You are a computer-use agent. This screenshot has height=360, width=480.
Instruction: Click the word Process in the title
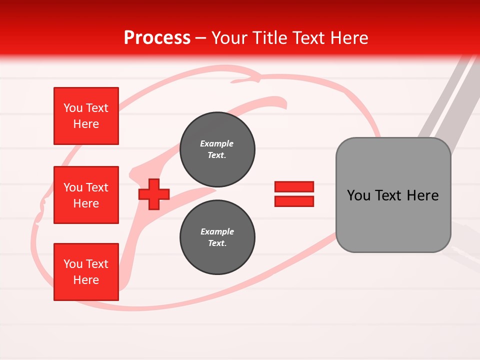[157, 38]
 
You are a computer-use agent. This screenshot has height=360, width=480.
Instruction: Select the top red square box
[86, 116]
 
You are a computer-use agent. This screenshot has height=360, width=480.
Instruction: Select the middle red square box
[86, 195]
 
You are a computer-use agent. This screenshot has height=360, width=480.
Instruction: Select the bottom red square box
[86, 272]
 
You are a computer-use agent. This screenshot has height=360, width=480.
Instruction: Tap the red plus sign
[154, 194]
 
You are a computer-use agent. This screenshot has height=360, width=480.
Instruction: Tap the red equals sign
[294, 194]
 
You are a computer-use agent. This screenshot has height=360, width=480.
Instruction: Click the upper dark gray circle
[217, 149]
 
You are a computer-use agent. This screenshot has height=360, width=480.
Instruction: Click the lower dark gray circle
[217, 237]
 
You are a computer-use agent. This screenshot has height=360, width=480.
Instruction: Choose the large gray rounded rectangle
[393, 195]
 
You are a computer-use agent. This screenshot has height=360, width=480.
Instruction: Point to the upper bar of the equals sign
[294, 187]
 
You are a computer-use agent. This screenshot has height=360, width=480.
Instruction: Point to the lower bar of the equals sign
[294, 201]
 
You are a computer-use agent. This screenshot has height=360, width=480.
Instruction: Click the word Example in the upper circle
[217, 143]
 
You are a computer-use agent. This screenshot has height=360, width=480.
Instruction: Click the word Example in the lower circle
[217, 231]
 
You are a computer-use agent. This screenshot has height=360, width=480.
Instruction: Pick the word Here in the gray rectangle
[422, 195]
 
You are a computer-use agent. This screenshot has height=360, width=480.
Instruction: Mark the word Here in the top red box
[86, 124]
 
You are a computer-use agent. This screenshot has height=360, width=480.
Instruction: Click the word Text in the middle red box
[97, 187]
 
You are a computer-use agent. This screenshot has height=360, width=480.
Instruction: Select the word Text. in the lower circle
[217, 243]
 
